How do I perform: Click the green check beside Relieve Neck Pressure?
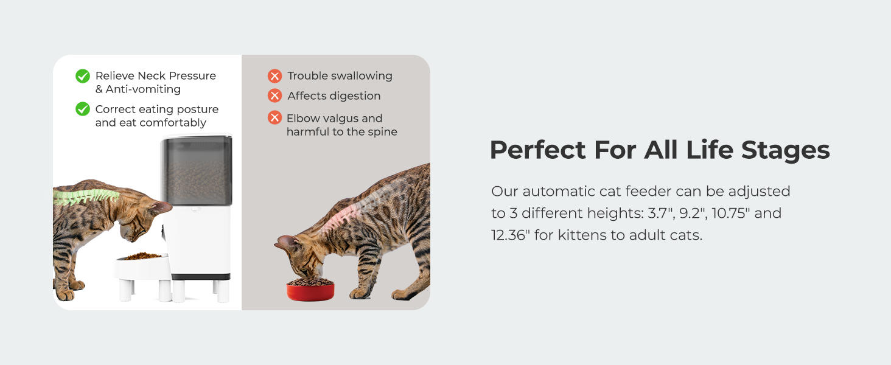click(x=83, y=76)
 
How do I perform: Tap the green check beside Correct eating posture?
click(x=83, y=109)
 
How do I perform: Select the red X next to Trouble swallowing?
click(x=274, y=75)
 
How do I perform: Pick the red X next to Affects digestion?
click(x=274, y=96)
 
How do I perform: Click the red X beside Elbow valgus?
click(x=274, y=117)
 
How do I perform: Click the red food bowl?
click(x=310, y=290)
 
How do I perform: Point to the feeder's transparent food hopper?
click(x=197, y=171)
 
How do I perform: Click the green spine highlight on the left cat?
click(x=86, y=196)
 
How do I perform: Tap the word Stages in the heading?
click(x=786, y=151)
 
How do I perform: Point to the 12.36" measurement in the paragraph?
click(x=511, y=235)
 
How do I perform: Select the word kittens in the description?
click(x=582, y=235)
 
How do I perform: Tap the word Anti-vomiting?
click(x=143, y=89)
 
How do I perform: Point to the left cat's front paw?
click(x=65, y=295)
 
